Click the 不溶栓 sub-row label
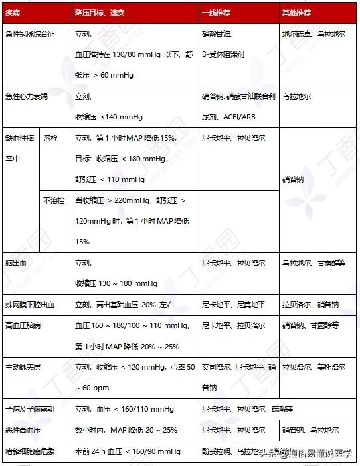coord(54,200)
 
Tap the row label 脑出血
coord(16,264)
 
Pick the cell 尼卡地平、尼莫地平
coord(233,305)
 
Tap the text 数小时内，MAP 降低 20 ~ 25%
coord(126,430)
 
